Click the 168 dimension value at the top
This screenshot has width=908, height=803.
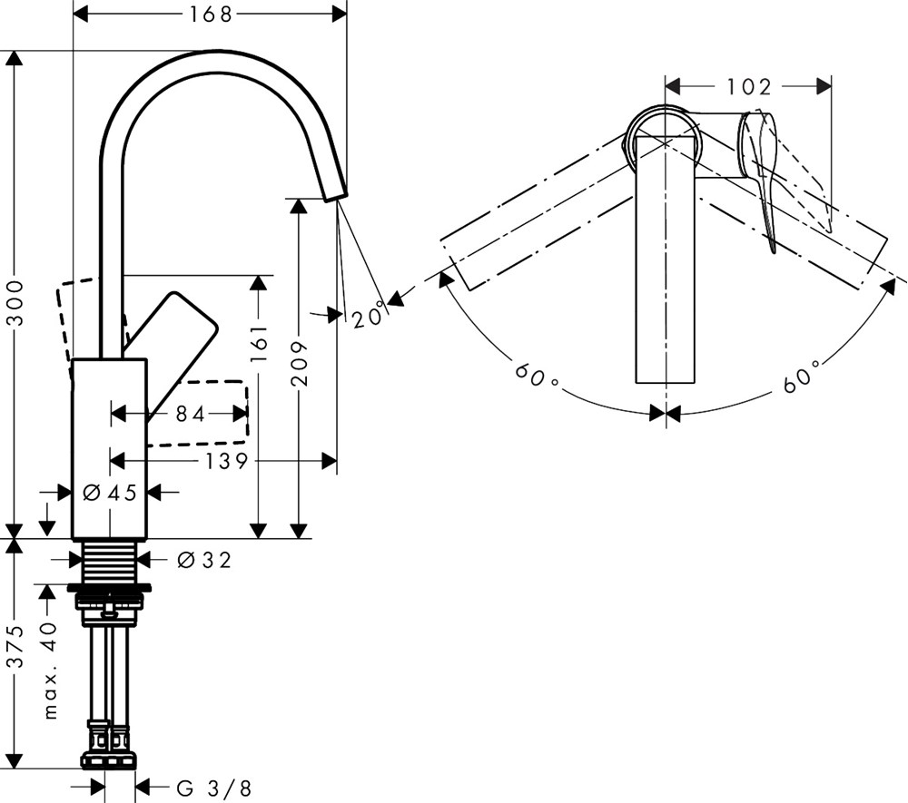point(209,14)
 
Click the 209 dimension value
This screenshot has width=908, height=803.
point(299,363)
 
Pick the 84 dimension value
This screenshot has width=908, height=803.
point(190,414)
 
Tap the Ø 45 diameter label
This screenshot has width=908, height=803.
point(109,493)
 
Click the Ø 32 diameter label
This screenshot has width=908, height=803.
point(205,561)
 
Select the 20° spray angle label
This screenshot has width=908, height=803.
point(367,318)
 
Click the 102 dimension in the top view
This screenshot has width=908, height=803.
point(748,87)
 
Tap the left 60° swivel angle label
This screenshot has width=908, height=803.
point(535,373)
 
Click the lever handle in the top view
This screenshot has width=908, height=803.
point(761,172)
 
